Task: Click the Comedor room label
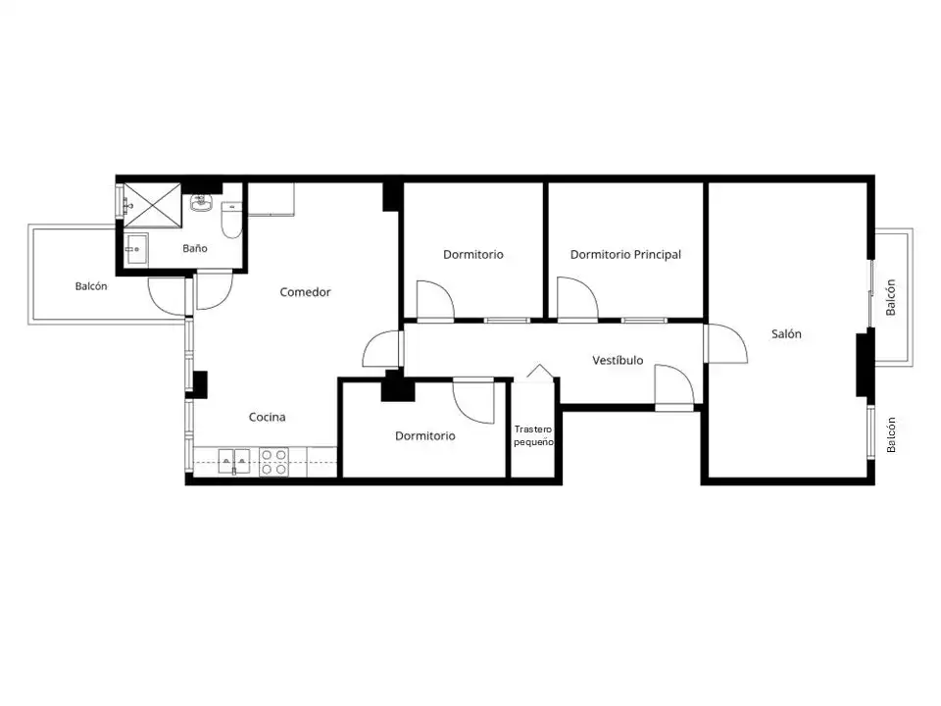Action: (305, 292)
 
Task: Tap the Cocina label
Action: (267, 417)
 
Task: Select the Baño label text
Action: (195, 248)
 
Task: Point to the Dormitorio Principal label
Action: (625, 255)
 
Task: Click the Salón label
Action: (786, 333)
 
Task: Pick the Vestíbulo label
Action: (618, 360)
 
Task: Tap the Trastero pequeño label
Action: (533, 435)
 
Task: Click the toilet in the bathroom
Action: (231, 221)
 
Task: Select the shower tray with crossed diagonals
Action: (152, 205)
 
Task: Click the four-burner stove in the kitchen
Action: (273, 462)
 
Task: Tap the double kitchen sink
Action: (234, 461)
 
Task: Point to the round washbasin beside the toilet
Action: (201, 204)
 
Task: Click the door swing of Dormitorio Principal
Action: (577, 298)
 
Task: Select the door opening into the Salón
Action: (726, 343)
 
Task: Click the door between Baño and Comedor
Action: (215, 291)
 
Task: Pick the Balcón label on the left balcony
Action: (91, 286)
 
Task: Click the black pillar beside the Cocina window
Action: (200, 384)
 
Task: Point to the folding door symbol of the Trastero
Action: (539, 371)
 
